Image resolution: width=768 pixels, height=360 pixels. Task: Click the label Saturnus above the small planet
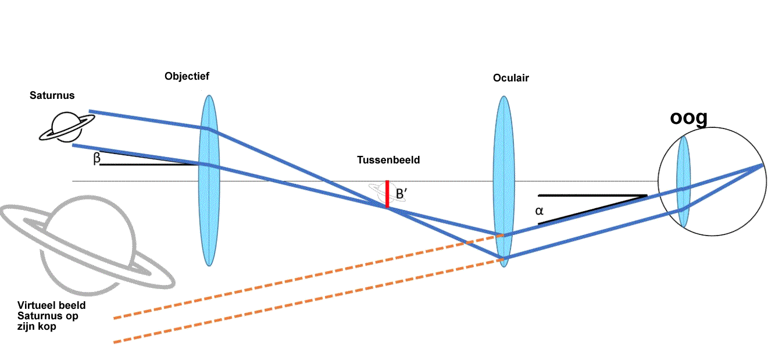coord(52,95)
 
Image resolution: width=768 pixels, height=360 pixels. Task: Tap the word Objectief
coord(187,76)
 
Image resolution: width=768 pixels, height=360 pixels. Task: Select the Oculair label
coord(511,78)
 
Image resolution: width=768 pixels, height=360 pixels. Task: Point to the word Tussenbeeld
coord(388,160)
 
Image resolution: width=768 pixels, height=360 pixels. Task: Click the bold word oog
coord(689,118)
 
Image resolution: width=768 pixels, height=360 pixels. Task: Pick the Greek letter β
coord(97,158)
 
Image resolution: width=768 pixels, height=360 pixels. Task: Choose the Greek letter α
coord(539,211)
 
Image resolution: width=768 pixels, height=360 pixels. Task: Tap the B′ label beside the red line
coord(401,194)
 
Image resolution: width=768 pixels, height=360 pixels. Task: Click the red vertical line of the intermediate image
coord(387,194)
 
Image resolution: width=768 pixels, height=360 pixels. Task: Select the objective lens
coord(209,181)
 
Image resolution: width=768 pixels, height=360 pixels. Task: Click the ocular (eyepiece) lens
coord(503,181)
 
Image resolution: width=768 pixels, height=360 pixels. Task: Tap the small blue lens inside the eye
coord(683,181)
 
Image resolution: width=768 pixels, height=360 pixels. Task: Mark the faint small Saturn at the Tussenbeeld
coord(387,193)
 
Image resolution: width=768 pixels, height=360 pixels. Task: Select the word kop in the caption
coord(47,326)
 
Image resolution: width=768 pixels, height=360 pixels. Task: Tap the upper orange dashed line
coord(309,277)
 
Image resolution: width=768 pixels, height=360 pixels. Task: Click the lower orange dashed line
coord(309,301)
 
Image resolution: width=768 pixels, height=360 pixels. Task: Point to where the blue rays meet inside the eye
coord(763,165)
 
